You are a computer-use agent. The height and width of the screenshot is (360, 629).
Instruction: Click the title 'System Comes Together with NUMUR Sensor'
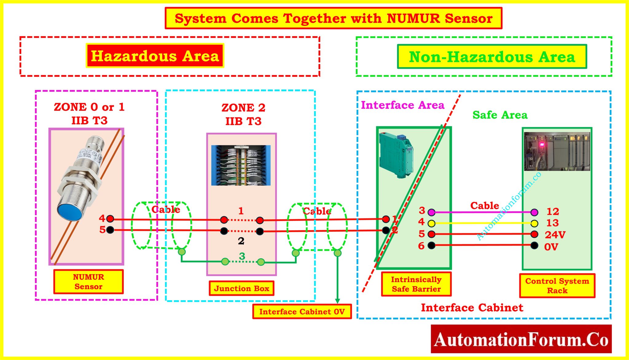tap(333, 18)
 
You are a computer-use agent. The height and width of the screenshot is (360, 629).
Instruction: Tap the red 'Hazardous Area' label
tap(155, 56)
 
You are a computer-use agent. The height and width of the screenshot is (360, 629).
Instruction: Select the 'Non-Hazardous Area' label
tap(492, 57)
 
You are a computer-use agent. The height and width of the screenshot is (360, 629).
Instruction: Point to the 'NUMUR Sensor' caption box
tap(88, 282)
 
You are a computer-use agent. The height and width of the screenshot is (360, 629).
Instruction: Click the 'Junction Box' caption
tap(241, 288)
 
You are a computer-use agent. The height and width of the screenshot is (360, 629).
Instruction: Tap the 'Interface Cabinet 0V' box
tap(302, 312)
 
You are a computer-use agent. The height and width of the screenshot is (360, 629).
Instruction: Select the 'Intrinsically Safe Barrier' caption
tap(416, 284)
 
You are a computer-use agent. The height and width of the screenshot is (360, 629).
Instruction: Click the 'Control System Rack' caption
tap(557, 286)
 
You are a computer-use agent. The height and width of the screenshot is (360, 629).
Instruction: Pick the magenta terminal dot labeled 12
tap(534, 212)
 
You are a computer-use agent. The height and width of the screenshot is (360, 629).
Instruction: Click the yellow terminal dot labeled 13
tap(534, 223)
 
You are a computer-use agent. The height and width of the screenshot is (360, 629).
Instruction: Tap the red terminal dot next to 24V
tap(534, 234)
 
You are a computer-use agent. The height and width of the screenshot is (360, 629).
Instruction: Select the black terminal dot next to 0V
tap(534, 246)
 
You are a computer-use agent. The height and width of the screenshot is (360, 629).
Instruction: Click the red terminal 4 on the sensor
tap(110, 219)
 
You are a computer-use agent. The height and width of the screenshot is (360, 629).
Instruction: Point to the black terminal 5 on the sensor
tap(110, 230)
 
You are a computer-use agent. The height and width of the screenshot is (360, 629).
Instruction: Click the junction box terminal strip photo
tap(241, 165)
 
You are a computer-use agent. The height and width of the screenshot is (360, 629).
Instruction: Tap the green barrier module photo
tap(396, 155)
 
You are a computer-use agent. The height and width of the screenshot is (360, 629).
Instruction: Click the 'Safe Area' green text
tap(500, 115)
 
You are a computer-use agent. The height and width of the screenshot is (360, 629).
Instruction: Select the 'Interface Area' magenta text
tap(402, 105)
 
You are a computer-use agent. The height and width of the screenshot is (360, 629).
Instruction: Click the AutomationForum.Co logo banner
tap(521, 339)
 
